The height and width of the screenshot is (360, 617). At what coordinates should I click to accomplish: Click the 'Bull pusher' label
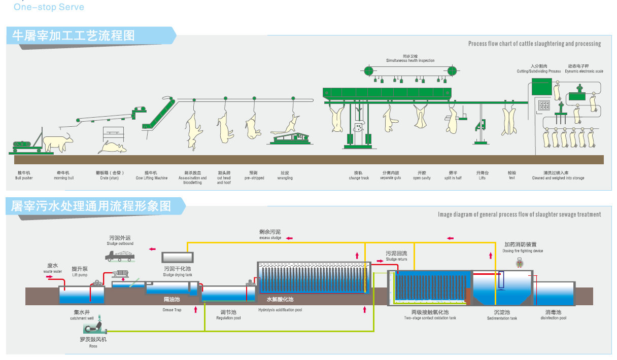(24, 178)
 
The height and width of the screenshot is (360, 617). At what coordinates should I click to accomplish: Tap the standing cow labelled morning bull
(58, 142)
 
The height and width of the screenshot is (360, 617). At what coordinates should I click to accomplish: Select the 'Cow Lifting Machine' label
(151, 178)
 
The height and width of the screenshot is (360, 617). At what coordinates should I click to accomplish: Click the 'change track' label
(359, 178)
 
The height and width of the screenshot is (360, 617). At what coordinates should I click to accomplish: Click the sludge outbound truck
(120, 256)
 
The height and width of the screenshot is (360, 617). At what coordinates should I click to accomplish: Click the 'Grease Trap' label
(172, 310)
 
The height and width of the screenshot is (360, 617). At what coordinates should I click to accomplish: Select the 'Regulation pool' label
(228, 318)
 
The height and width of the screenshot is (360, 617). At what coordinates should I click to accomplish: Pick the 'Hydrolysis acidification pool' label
(280, 310)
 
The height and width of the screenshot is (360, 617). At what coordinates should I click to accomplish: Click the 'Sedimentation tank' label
(502, 318)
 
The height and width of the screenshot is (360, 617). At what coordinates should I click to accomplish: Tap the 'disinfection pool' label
(553, 318)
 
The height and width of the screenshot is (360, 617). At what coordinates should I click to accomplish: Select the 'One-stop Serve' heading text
(49, 7)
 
